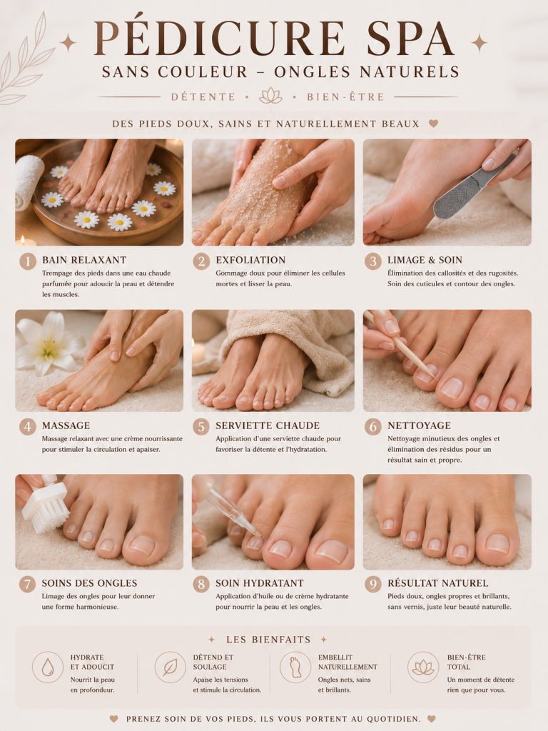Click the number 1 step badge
point(28,261)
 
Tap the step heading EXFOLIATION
point(250,260)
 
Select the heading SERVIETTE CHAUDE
point(268,425)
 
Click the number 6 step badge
point(372,426)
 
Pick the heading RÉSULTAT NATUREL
point(438,583)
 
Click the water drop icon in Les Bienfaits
point(48,667)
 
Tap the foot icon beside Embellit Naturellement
point(295,667)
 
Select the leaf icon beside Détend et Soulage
point(170,667)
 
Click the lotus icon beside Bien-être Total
point(423,667)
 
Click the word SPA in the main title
point(410,39)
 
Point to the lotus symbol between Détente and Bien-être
point(270,96)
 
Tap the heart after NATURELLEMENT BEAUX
point(433,123)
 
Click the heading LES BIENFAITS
point(268,640)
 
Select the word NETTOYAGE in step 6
point(420,425)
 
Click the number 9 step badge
point(372,584)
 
